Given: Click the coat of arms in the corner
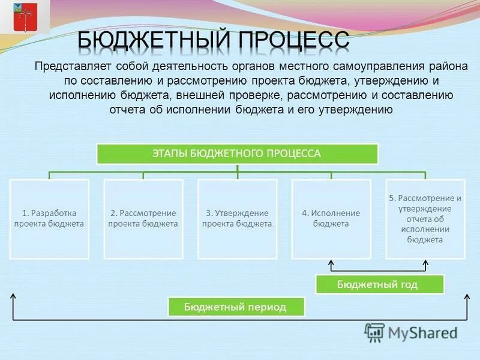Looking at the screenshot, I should (x=25, y=17).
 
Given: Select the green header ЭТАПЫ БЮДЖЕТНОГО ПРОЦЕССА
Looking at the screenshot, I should (x=238, y=154).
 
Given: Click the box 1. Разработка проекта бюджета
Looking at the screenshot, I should (x=49, y=219).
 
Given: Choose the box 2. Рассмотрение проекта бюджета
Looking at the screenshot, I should (x=143, y=219).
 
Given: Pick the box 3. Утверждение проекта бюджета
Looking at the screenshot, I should (x=237, y=219).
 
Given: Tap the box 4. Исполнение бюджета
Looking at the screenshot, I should (x=331, y=219).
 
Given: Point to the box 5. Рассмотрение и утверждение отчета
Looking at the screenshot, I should (x=425, y=219).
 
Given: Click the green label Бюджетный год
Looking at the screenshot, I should (x=379, y=284).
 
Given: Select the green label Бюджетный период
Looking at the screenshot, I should (x=236, y=307).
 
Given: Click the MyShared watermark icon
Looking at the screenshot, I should (x=374, y=332).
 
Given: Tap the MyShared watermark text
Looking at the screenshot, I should (x=422, y=333).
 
